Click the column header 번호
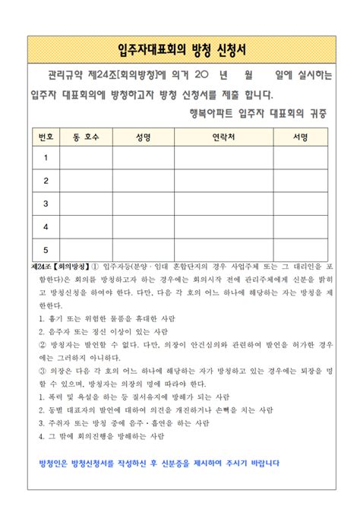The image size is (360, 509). tap(45, 138)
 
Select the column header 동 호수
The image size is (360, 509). tap(86, 138)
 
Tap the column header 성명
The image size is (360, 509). tap(142, 138)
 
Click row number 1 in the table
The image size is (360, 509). tap(45, 158)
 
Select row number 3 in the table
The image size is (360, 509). tap(45, 204)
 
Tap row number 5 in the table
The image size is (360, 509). tap(45, 249)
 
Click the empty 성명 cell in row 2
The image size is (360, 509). tap(142, 181)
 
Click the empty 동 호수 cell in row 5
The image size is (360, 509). tap(86, 249)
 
